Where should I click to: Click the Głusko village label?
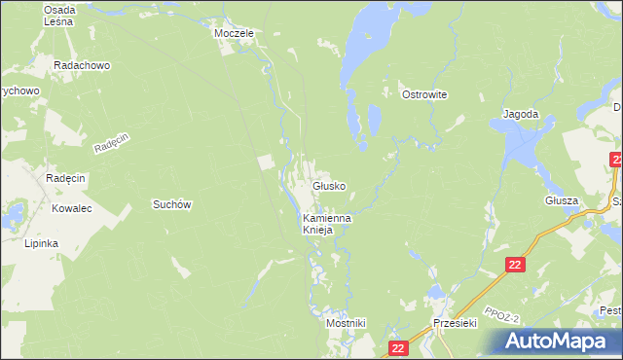(328, 186)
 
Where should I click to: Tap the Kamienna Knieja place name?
(327, 225)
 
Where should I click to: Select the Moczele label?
(234, 33)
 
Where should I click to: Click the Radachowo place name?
(82, 66)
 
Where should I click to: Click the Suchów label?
(170, 204)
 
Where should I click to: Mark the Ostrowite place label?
(423, 94)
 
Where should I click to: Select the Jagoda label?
(521, 114)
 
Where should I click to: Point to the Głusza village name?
(562, 200)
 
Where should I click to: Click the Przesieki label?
(454, 323)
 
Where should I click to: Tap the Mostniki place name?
(346, 322)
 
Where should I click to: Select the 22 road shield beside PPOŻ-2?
(516, 265)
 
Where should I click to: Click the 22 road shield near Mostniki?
(396, 347)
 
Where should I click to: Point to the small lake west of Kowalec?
(15, 214)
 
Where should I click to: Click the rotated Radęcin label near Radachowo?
(112, 143)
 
